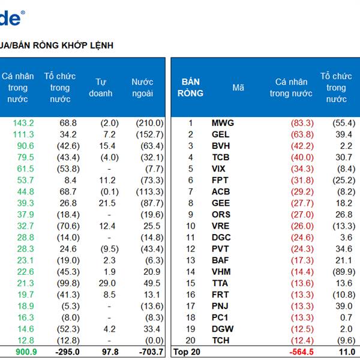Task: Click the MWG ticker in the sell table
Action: pos(223,123)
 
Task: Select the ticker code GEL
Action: pos(221,134)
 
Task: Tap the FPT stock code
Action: pos(219,180)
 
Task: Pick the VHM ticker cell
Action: pos(220,272)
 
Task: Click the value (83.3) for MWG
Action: pos(302,123)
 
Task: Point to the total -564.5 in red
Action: pos(301,352)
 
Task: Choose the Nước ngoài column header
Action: pos(142,88)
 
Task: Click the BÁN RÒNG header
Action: pos(190,88)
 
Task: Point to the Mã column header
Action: pos(238,88)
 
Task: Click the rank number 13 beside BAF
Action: pos(191,260)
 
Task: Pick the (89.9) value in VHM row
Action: pos(344,272)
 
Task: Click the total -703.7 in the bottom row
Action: pos(147,352)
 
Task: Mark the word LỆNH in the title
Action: pos(100,45)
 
